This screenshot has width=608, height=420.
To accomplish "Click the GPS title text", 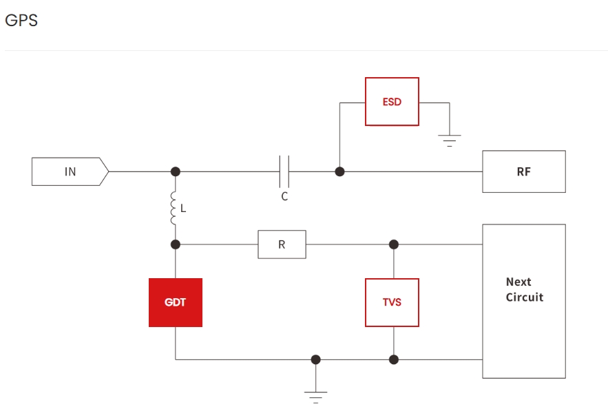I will [21, 21].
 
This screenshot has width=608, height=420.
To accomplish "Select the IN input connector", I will [70, 171].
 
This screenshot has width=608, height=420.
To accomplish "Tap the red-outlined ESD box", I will [392, 102].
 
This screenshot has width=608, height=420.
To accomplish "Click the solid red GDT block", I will [176, 302].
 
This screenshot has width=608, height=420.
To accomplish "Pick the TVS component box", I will [392, 302].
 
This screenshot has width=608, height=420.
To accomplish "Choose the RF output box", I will [523, 171].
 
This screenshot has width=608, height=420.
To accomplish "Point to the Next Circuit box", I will [523, 301].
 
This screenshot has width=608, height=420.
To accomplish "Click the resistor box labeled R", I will [282, 244].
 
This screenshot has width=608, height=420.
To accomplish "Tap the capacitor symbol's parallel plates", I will [284, 171].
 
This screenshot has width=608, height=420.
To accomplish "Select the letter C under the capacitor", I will [284, 196].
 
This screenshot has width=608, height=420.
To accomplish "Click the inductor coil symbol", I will [174, 208].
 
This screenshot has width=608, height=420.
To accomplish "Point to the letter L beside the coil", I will [183, 208].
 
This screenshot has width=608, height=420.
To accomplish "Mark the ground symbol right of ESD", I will [450, 140].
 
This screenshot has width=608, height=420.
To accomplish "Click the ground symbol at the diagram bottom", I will [315, 396].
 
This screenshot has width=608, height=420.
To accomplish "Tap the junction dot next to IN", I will [176, 171].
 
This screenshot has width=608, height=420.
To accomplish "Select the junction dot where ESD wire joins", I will [339, 171].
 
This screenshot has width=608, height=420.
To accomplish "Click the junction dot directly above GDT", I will [176, 244].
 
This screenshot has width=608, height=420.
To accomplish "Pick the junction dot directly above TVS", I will [393, 244].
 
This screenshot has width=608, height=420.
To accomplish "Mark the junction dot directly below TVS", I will [393, 359].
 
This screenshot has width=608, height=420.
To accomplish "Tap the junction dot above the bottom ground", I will [315, 359].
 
